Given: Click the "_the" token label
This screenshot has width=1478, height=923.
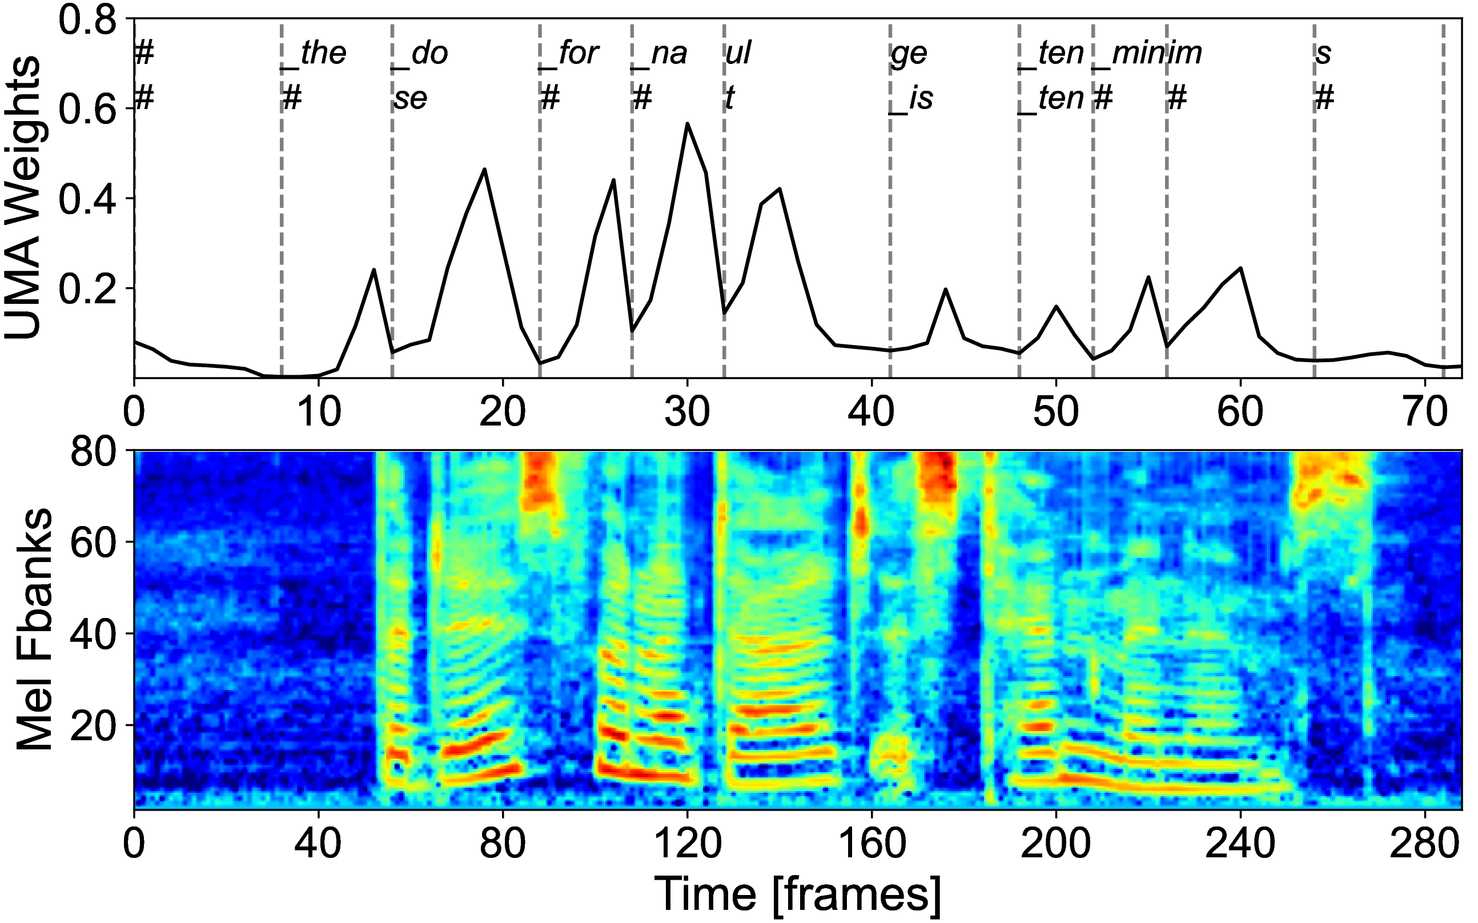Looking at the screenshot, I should pyautogui.click(x=313, y=54).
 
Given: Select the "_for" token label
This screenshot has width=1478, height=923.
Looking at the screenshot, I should pyautogui.click(x=569, y=54).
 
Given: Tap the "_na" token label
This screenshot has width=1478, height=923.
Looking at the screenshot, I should pyautogui.click(x=660, y=54).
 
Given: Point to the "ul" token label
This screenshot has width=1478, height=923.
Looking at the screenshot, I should pyautogui.click(x=738, y=54).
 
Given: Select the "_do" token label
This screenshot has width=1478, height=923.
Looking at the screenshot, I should pyautogui.click(x=420, y=54).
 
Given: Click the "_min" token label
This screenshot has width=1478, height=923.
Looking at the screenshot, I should pyautogui.click(x=1128, y=54).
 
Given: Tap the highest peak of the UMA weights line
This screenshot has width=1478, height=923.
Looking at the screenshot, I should pyautogui.click(x=687, y=123).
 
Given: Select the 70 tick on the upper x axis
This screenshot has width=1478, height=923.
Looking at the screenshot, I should pyautogui.click(x=1425, y=414).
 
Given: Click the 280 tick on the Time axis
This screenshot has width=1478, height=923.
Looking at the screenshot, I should pyautogui.click(x=1425, y=844).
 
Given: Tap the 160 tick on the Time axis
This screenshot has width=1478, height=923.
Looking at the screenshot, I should pyautogui.click(x=871, y=844).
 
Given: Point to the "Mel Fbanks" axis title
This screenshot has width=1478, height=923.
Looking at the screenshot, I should pyautogui.click(x=34, y=629).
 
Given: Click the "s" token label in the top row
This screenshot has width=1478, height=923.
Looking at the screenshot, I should pyautogui.click(x=1323, y=54).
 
